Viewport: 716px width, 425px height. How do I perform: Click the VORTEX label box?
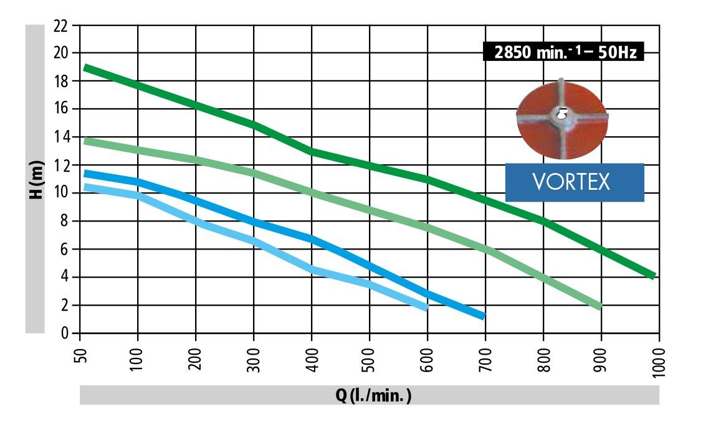(x=574, y=182)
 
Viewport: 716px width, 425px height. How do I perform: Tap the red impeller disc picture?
(x=562, y=119)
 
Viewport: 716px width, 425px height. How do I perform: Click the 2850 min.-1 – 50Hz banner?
(x=563, y=52)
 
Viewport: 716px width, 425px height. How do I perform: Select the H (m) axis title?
(x=35, y=179)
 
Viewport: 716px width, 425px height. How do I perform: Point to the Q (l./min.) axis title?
(x=369, y=395)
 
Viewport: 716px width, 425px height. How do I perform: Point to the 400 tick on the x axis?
(x=313, y=358)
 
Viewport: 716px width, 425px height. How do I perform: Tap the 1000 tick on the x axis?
(x=660, y=360)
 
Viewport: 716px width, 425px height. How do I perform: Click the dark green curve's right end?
(x=652, y=275)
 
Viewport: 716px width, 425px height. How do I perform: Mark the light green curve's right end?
(x=599, y=306)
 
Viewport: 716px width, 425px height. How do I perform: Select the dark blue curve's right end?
(x=482, y=316)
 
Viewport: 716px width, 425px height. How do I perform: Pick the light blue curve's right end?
(x=426, y=307)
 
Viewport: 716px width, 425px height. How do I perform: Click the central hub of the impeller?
(x=561, y=114)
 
